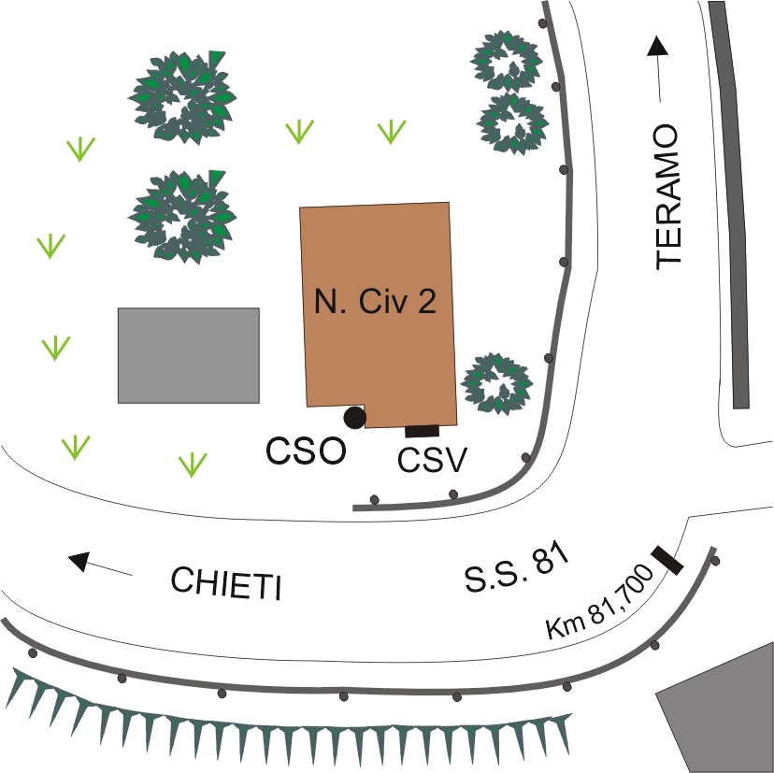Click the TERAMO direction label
[670, 197]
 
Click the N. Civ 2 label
[376, 303]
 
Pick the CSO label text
[306, 451]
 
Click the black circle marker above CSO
[354, 417]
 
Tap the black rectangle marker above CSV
[422, 431]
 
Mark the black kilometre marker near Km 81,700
[667, 558]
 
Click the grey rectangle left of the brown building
[188, 355]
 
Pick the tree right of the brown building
[497, 384]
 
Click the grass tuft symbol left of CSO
[193, 463]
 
